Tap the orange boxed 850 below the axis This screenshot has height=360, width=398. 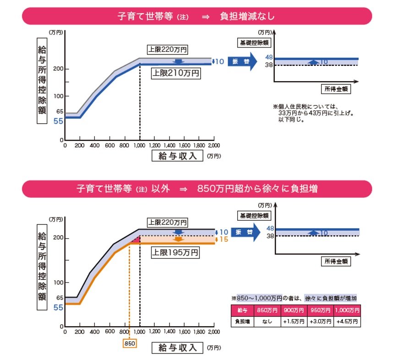pyautogui.click(x=130, y=343)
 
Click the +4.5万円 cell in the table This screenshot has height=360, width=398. pyautogui.click(x=347, y=322)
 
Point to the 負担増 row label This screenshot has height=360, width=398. pyautogui.click(x=242, y=322)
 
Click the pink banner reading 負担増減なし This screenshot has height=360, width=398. pyautogui.click(x=197, y=16)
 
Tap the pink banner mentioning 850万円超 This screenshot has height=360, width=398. pyautogui.click(x=197, y=189)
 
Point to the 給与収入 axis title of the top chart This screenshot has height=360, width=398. pyautogui.click(x=177, y=156)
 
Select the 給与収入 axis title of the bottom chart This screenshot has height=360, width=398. pyautogui.click(x=177, y=348)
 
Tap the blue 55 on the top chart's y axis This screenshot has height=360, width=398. pyautogui.click(x=59, y=121)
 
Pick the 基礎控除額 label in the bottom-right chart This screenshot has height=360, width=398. pyautogui.click(x=253, y=215)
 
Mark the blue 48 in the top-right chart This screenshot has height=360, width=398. pyautogui.click(x=269, y=57)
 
